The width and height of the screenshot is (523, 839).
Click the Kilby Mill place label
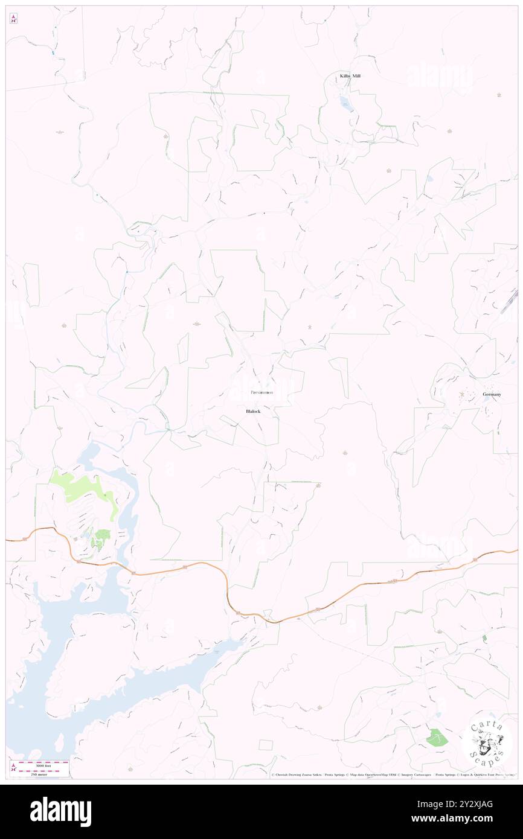pyautogui.click(x=353, y=76)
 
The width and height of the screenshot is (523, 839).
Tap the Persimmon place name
pyautogui.click(x=261, y=392)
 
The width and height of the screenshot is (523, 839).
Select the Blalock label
pyautogui.click(x=253, y=411)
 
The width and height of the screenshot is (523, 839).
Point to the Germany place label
pyautogui.click(x=492, y=394)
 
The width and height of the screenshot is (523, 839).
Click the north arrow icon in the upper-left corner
pyautogui.click(x=13, y=19)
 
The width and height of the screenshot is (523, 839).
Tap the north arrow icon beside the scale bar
pyautogui.click(x=13, y=767)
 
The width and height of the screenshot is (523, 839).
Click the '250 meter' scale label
pyautogui.click(x=43, y=774)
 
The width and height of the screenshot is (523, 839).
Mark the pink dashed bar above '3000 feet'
pyautogui.click(x=43, y=761)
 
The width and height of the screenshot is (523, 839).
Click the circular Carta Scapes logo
pyautogui.click(x=487, y=743)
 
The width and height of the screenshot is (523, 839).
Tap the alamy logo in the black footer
pyautogui.click(x=60, y=812)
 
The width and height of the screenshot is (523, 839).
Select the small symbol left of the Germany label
pyautogui.click(x=463, y=395)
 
